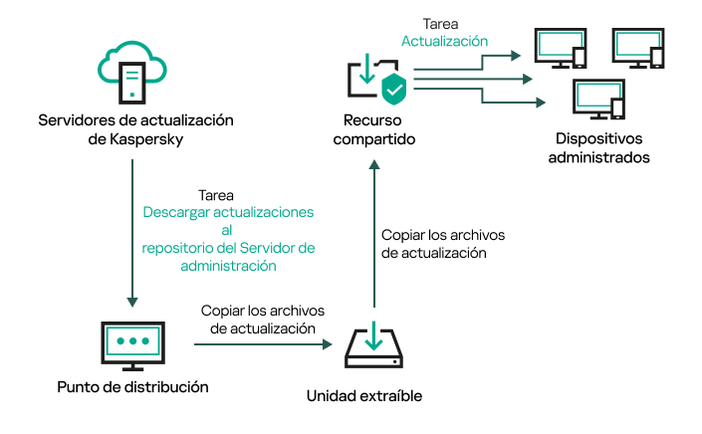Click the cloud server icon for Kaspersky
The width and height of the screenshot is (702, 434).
tap(134, 73)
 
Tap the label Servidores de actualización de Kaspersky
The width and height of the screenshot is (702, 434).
tap(134, 130)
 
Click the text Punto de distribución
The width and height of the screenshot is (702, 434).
tap(133, 386)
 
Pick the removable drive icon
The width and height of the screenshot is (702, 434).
tap(371, 345)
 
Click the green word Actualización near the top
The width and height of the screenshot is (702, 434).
tap(444, 42)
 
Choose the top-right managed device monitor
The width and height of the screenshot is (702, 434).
tap(639, 47)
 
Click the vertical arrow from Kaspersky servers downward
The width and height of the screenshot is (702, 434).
tap(133, 229)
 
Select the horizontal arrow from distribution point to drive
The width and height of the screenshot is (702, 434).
tap(262, 345)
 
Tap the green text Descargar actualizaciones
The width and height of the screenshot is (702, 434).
tap(228, 213)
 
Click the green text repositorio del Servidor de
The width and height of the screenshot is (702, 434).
tap(228, 248)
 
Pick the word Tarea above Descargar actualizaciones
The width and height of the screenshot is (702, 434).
tap(217, 195)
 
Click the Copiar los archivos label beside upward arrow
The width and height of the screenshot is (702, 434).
tap(443, 236)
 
